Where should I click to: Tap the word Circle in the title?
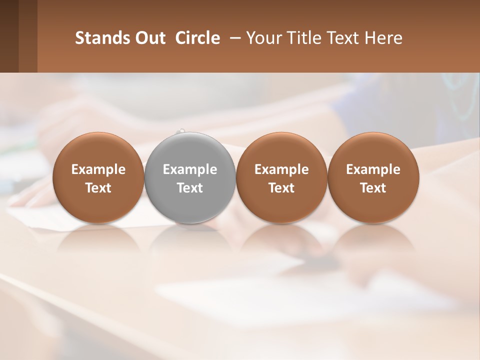[x=197, y=38]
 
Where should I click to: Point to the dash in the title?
[x=233, y=38]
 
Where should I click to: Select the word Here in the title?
[x=385, y=38]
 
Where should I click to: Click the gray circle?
[x=190, y=150]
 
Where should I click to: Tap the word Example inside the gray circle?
[x=190, y=169]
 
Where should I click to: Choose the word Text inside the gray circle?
[x=190, y=188]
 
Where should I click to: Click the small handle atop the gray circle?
[x=182, y=130]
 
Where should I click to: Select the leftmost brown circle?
[x=98, y=150]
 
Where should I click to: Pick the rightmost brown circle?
[x=373, y=150]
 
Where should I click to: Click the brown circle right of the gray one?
[x=281, y=150]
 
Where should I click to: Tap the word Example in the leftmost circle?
[x=98, y=169]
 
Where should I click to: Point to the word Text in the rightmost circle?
[x=373, y=188]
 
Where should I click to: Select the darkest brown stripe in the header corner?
[x=9, y=36]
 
